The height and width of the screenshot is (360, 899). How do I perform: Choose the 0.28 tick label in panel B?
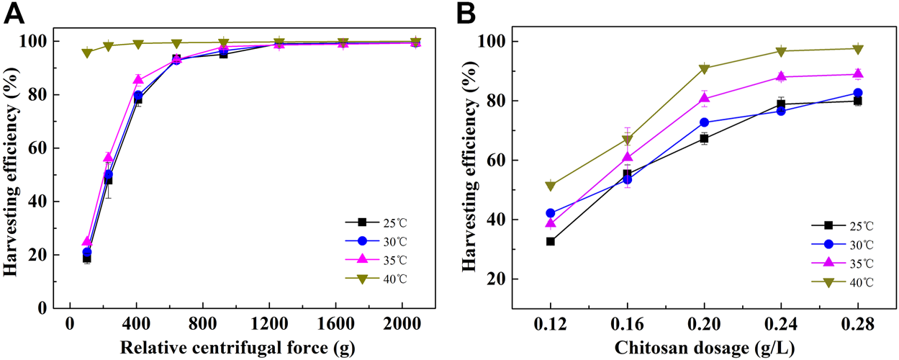point(857,325)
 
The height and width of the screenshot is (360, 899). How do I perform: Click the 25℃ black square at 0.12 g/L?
point(551,241)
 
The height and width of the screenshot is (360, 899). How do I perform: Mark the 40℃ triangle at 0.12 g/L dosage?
point(551,186)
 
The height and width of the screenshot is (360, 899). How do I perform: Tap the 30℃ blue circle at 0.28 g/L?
point(857,93)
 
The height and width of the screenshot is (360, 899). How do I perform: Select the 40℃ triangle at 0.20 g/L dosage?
point(704,69)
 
